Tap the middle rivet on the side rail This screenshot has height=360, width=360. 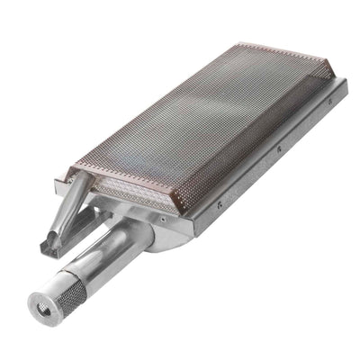tap(278, 147)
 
